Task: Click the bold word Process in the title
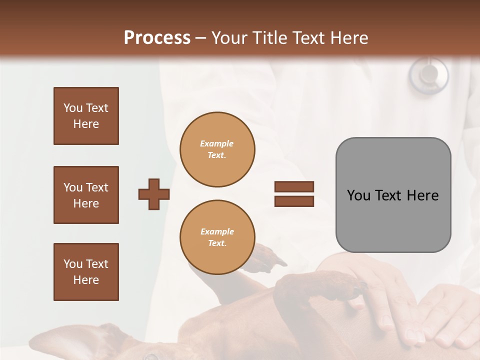(x=157, y=37)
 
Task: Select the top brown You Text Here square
(x=86, y=116)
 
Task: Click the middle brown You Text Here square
(x=86, y=195)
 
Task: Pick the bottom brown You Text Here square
(x=86, y=272)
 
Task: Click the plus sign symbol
(x=154, y=194)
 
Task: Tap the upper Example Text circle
(x=217, y=149)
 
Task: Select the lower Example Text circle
(x=217, y=237)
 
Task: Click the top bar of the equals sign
(x=294, y=186)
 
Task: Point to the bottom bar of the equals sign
(x=294, y=201)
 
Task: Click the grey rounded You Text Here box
(x=393, y=195)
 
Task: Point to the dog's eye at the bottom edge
(x=150, y=356)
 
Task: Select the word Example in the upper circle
(x=217, y=143)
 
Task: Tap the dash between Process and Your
(x=200, y=38)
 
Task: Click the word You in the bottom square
(x=72, y=264)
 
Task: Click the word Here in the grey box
(x=422, y=195)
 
